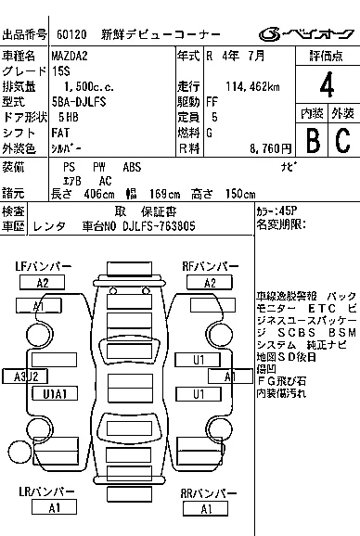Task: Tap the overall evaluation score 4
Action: pos(326,87)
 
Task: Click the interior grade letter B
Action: pos(313,141)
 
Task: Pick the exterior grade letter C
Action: pos(342,141)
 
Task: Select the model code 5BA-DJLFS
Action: pos(81,102)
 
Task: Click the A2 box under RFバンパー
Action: pos(210,283)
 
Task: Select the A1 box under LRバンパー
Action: pos(54,507)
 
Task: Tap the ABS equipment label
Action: pos(132,167)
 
